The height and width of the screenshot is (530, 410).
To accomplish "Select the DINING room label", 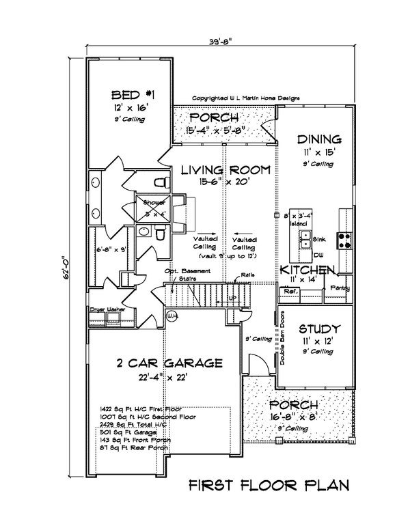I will tap(316, 137).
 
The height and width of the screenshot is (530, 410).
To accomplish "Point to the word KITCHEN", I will tap(307, 270).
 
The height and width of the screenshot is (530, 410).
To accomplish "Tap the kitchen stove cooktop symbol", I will tap(346, 239).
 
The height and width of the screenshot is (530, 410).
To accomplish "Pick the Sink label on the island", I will tap(318, 241).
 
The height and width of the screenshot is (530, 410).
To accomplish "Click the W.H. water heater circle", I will tap(172, 317).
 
